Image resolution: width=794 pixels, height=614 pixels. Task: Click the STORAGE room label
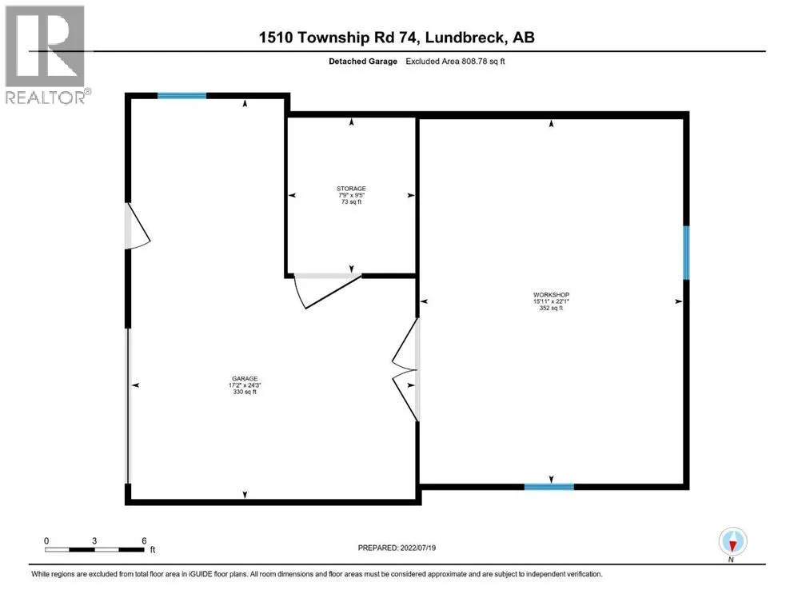point(351,189)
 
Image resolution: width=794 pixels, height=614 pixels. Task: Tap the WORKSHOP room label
point(551,294)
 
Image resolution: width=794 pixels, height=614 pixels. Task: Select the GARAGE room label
point(245,379)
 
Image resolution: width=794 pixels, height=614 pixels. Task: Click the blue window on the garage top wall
point(182,96)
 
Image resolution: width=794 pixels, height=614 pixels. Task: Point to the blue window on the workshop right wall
point(686,253)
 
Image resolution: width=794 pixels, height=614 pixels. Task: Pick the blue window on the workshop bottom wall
point(549,487)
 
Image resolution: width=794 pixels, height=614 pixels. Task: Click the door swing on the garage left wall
point(138,225)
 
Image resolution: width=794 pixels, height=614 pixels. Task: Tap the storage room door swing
point(328,291)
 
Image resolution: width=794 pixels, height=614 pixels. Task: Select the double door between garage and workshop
point(405,369)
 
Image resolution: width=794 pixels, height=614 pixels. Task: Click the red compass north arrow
point(732,545)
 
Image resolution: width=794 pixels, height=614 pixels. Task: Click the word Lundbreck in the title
point(465,38)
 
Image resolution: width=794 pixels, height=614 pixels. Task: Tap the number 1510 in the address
point(276,38)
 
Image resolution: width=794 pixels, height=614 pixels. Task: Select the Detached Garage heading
point(363,62)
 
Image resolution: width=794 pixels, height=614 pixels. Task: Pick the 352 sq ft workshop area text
point(551,308)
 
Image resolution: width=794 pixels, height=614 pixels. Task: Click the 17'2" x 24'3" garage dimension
point(245,385)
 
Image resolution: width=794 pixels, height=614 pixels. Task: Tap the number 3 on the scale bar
point(94,540)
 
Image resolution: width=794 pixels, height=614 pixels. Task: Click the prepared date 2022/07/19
point(417,548)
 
